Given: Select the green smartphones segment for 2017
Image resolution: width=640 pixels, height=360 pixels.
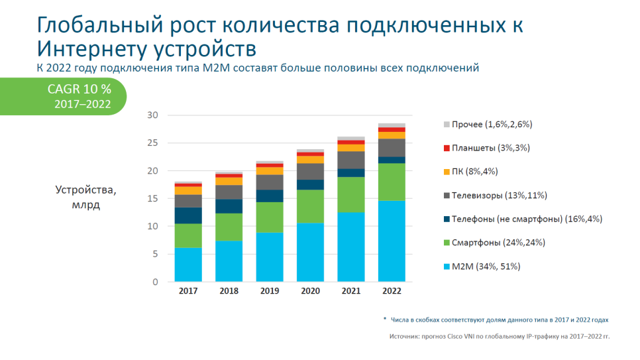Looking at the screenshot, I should tap(188, 235).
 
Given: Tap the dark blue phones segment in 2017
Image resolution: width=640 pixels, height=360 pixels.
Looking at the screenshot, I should tap(188, 215).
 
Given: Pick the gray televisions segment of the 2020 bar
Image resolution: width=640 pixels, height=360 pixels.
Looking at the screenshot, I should tap(310, 171).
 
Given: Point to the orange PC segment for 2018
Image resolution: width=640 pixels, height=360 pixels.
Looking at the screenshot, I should tap(229, 181).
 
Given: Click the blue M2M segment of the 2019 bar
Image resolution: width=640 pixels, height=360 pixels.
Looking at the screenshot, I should tap(269, 257).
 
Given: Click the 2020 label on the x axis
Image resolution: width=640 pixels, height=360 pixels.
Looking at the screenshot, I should tap(310, 291).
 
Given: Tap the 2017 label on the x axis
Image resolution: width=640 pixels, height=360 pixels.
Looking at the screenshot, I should tap(188, 291).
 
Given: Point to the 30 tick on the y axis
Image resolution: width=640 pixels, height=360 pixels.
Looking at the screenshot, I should tap(153, 115).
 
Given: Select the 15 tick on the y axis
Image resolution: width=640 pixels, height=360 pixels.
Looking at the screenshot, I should tap(153, 198).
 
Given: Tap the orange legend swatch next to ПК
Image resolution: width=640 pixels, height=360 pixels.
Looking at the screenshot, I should tap(446, 172).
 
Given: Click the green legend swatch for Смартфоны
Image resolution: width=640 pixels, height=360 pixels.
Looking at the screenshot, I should tap(446, 243).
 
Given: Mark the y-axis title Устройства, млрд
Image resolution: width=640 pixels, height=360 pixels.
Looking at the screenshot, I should tap(85, 198).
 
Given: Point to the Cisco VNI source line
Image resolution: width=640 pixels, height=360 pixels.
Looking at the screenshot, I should tap(499, 336).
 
